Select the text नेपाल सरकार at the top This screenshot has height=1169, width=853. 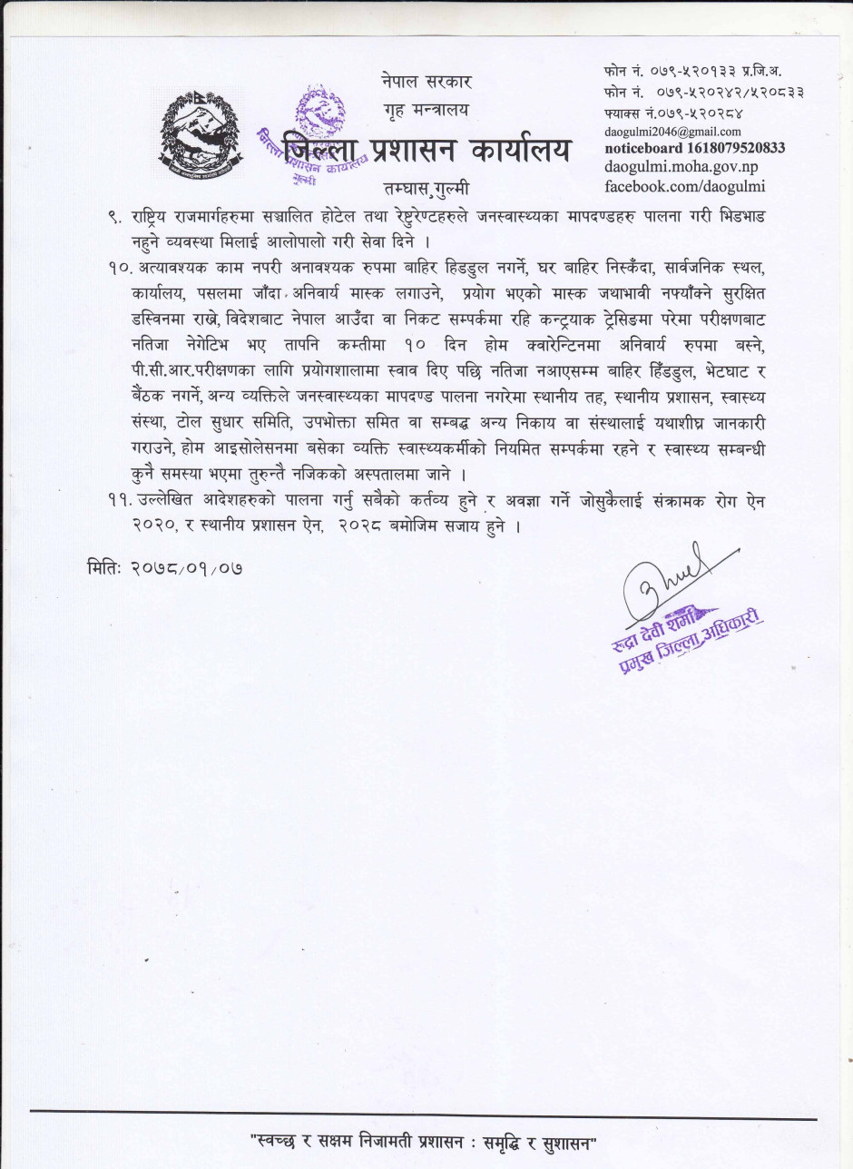click(x=426, y=83)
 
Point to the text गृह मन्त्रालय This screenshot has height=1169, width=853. click(x=426, y=111)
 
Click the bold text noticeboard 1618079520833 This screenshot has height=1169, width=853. click(x=694, y=148)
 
